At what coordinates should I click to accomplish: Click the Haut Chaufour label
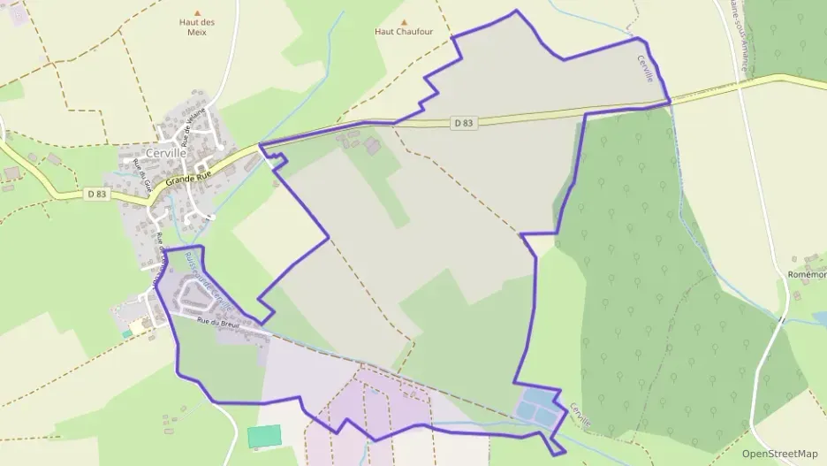(x=404, y=31)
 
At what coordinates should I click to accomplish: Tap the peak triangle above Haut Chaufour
(x=405, y=21)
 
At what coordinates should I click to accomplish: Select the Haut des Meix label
(x=197, y=28)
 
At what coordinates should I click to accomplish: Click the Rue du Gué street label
(x=148, y=183)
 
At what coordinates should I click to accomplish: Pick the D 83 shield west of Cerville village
(x=97, y=193)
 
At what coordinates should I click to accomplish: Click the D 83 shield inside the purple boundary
(x=464, y=123)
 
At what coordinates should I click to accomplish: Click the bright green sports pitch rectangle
(x=264, y=436)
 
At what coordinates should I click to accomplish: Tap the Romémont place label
(x=806, y=275)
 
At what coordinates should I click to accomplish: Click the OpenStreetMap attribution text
(x=779, y=453)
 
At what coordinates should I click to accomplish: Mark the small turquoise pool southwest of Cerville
(x=130, y=332)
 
